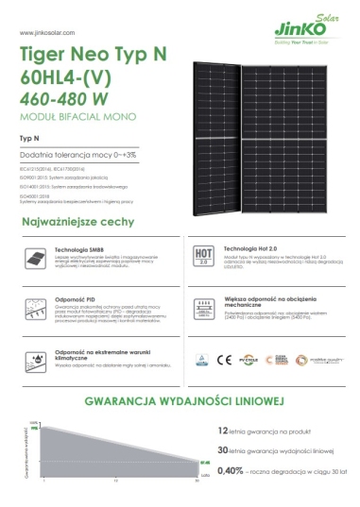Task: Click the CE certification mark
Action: coord(224,359)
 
